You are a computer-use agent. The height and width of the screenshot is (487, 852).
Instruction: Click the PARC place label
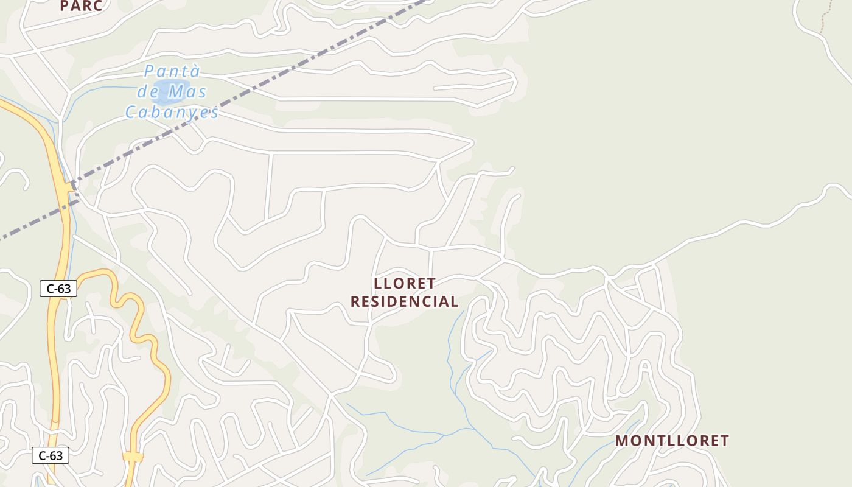point(81,5)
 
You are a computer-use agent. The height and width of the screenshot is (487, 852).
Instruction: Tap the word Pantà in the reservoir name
point(172,72)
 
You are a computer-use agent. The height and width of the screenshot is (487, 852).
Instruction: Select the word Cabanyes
point(172,112)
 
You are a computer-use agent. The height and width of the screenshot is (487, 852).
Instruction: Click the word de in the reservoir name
point(148,93)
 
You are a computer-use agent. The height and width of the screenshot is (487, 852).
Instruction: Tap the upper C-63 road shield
point(58,289)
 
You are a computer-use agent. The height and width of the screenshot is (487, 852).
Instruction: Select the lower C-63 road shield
point(51,455)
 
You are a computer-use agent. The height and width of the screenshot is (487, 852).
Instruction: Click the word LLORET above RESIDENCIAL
point(405,284)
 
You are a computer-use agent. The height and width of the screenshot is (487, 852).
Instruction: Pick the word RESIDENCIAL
point(405,301)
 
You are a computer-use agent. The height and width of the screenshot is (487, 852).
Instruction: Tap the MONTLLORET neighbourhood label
point(672,441)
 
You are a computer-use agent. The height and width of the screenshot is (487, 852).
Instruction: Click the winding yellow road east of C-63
point(146,341)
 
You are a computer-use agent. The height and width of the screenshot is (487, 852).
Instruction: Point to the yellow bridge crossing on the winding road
point(133,456)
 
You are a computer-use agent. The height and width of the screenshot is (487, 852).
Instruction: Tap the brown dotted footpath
point(823,18)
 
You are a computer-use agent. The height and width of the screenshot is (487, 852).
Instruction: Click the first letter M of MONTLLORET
point(622,441)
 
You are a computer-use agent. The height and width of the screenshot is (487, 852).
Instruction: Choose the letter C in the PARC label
point(96,5)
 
